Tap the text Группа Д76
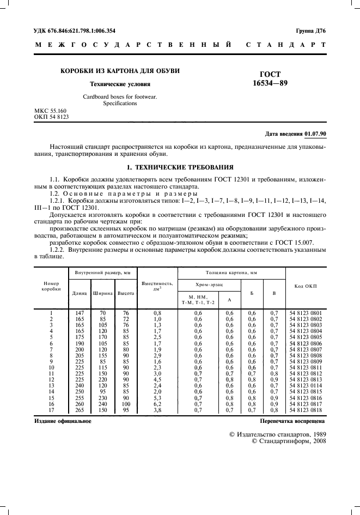tap(310, 31)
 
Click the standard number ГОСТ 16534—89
tap(271, 80)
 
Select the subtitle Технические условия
tap(120, 84)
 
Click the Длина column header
tap(80, 293)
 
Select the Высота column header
tap(126, 293)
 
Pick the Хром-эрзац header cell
tap(210, 284)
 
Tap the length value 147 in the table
tap(80, 313)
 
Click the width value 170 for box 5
tap(102, 337)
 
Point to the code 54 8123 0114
tap(306, 386)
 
